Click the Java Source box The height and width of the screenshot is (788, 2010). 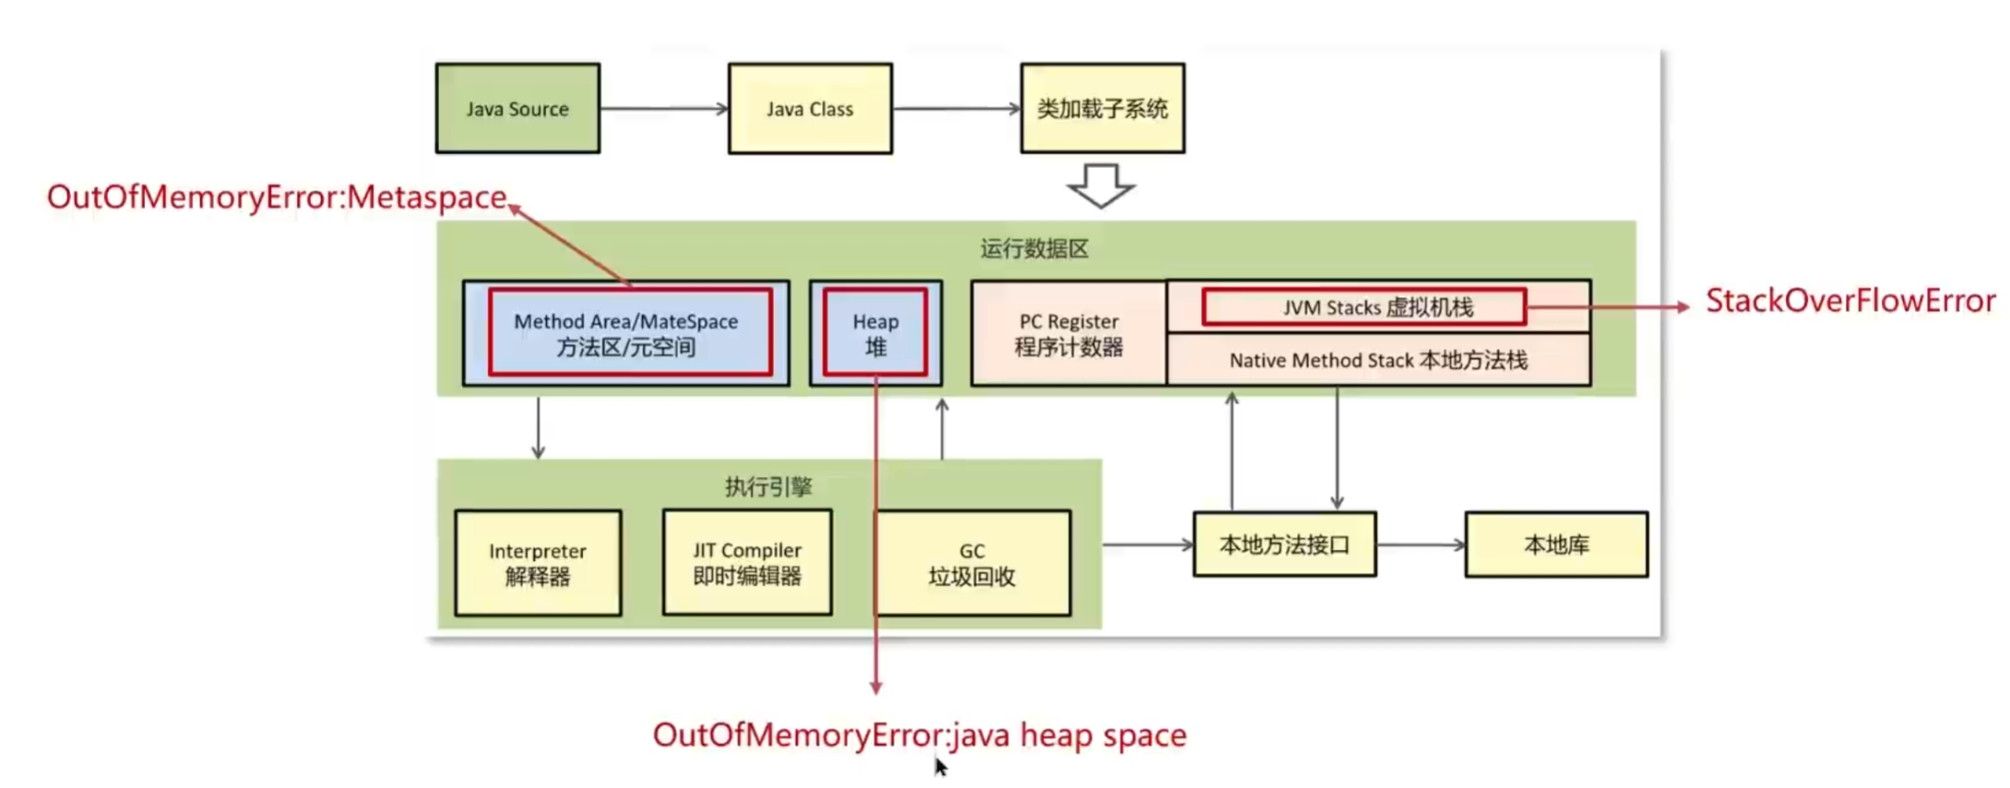pos(517,109)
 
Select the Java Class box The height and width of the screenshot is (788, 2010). pos(810,109)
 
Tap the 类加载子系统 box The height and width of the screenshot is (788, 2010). pos(1102,109)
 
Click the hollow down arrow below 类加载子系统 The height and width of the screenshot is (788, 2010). pos(1100,185)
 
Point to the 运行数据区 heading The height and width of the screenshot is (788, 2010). pos(1034,249)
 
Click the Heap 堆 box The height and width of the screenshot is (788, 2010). pos(875,333)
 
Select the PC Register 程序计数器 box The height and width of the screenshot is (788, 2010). pos(1069,334)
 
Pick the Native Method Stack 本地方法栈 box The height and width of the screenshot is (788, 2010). pos(1378,360)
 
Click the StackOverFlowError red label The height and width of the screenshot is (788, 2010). pos(1849,301)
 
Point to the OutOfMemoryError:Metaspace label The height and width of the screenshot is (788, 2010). pos(277,197)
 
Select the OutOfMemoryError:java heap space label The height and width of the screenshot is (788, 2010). pos(919,735)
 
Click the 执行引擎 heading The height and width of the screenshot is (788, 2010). pos(768,486)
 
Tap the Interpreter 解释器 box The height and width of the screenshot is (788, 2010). pos(538,564)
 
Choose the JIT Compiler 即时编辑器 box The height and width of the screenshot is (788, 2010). pos(747,563)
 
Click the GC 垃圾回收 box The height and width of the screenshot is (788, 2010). pos(973,564)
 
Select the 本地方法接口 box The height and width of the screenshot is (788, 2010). pos(1284,545)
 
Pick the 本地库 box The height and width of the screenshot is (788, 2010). pos(1556,545)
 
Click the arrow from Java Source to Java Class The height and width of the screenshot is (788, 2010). pos(663,109)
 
